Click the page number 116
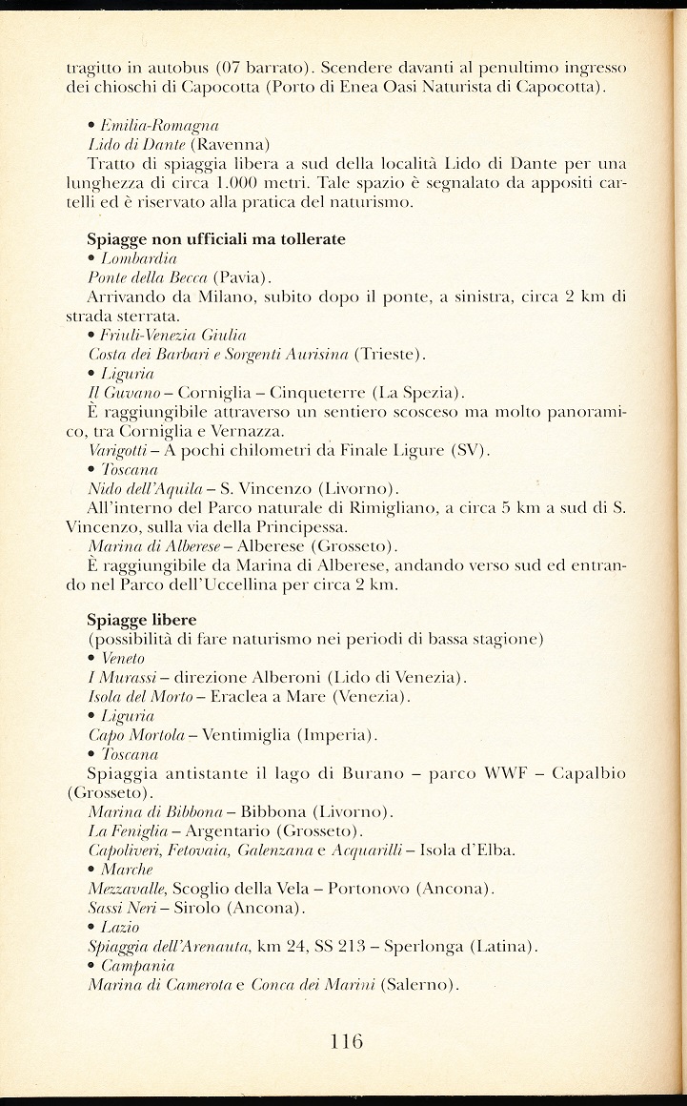pos(346,1042)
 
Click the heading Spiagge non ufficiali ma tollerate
pos(216,238)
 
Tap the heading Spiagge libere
pos(142,620)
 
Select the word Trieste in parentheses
pos(389,354)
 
